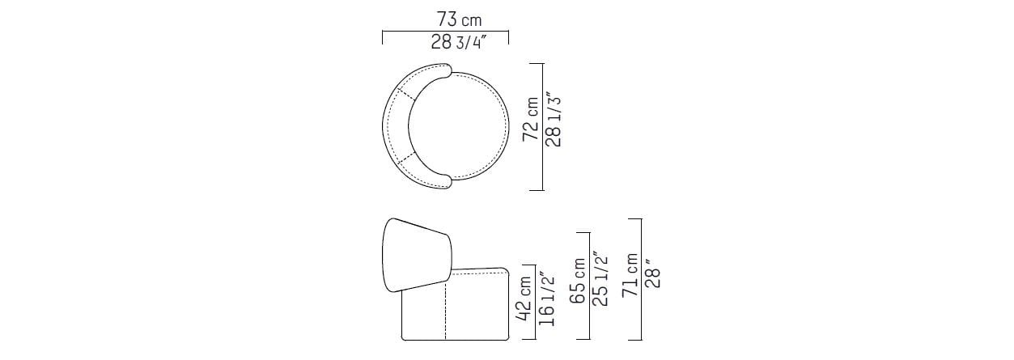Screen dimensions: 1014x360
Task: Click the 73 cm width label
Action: (459, 19)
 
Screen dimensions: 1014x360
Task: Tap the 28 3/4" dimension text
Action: (458, 43)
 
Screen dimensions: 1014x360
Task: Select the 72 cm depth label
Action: (531, 119)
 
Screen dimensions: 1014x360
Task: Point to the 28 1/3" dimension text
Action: (554, 120)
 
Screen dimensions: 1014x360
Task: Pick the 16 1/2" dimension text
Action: (546, 299)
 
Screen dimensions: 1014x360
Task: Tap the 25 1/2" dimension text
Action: (600, 279)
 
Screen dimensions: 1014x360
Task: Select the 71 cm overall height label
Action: (630, 274)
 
